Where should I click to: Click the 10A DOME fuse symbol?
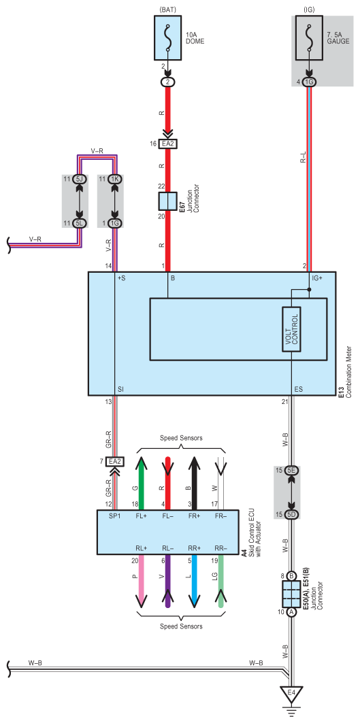(168, 39)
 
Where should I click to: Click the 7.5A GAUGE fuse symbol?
(309, 39)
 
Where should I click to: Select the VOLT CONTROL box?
(292, 329)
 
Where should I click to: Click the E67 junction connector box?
(167, 201)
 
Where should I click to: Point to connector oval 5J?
(80, 179)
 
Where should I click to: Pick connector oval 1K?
(114, 179)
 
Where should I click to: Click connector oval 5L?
(80, 223)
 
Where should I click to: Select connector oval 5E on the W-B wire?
(291, 470)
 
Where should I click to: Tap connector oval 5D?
(291, 514)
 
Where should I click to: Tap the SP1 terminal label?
(114, 516)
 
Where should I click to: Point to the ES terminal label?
(298, 389)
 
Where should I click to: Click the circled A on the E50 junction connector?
(291, 612)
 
